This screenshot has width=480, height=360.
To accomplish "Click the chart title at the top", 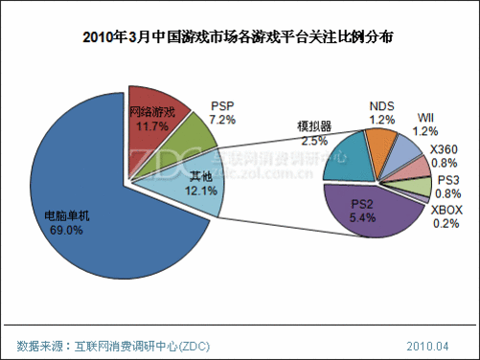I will click(239, 38).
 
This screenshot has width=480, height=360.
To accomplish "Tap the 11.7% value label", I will click(152, 124).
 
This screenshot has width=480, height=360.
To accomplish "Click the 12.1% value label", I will click(202, 191).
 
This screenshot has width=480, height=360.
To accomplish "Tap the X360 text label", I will click(444, 149).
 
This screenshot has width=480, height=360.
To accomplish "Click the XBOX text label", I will click(446, 210).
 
